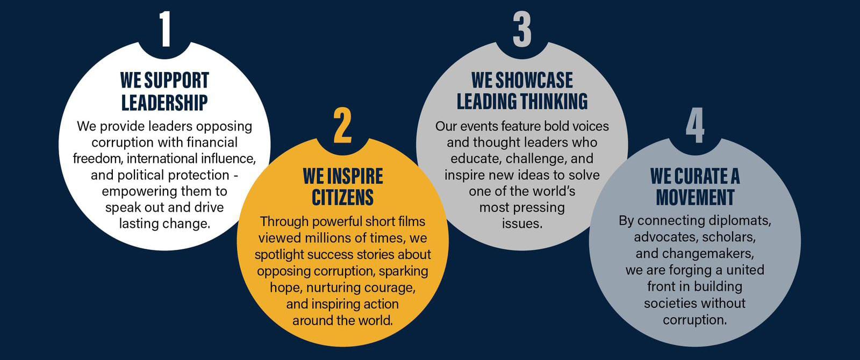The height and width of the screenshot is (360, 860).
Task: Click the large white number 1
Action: (165, 29)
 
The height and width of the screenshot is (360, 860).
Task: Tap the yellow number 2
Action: (342, 125)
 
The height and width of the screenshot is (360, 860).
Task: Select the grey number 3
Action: (522, 29)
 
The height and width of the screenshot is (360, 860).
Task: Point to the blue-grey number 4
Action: (696, 125)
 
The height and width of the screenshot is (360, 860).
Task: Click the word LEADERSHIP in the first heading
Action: (164, 103)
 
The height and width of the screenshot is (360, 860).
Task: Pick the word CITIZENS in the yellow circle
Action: (342, 198)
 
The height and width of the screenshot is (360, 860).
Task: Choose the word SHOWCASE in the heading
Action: (534, 80)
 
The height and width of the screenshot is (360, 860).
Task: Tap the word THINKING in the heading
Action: (554, 102)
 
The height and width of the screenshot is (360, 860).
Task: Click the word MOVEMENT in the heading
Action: (695, 198)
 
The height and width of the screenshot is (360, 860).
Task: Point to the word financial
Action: (212, 142)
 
